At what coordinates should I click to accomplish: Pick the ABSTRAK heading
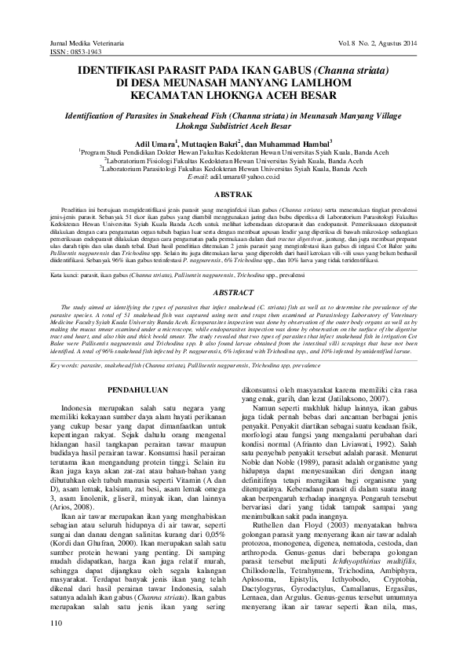233,193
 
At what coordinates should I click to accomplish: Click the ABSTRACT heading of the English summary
233,312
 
